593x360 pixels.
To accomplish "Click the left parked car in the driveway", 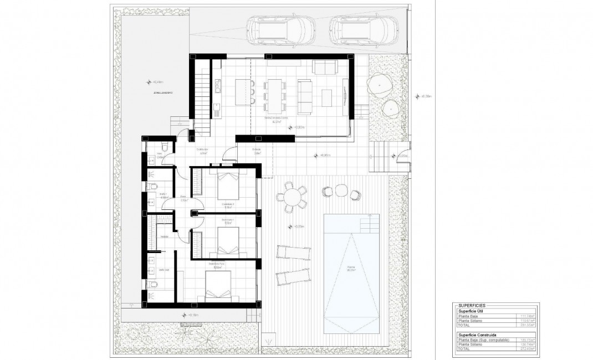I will (280, 30).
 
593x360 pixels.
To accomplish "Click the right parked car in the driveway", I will (363, 30).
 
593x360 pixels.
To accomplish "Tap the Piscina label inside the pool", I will (351, 268).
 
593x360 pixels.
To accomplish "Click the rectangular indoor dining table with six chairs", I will (275, 95).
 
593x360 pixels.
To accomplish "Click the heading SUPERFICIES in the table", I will (472, 305).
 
